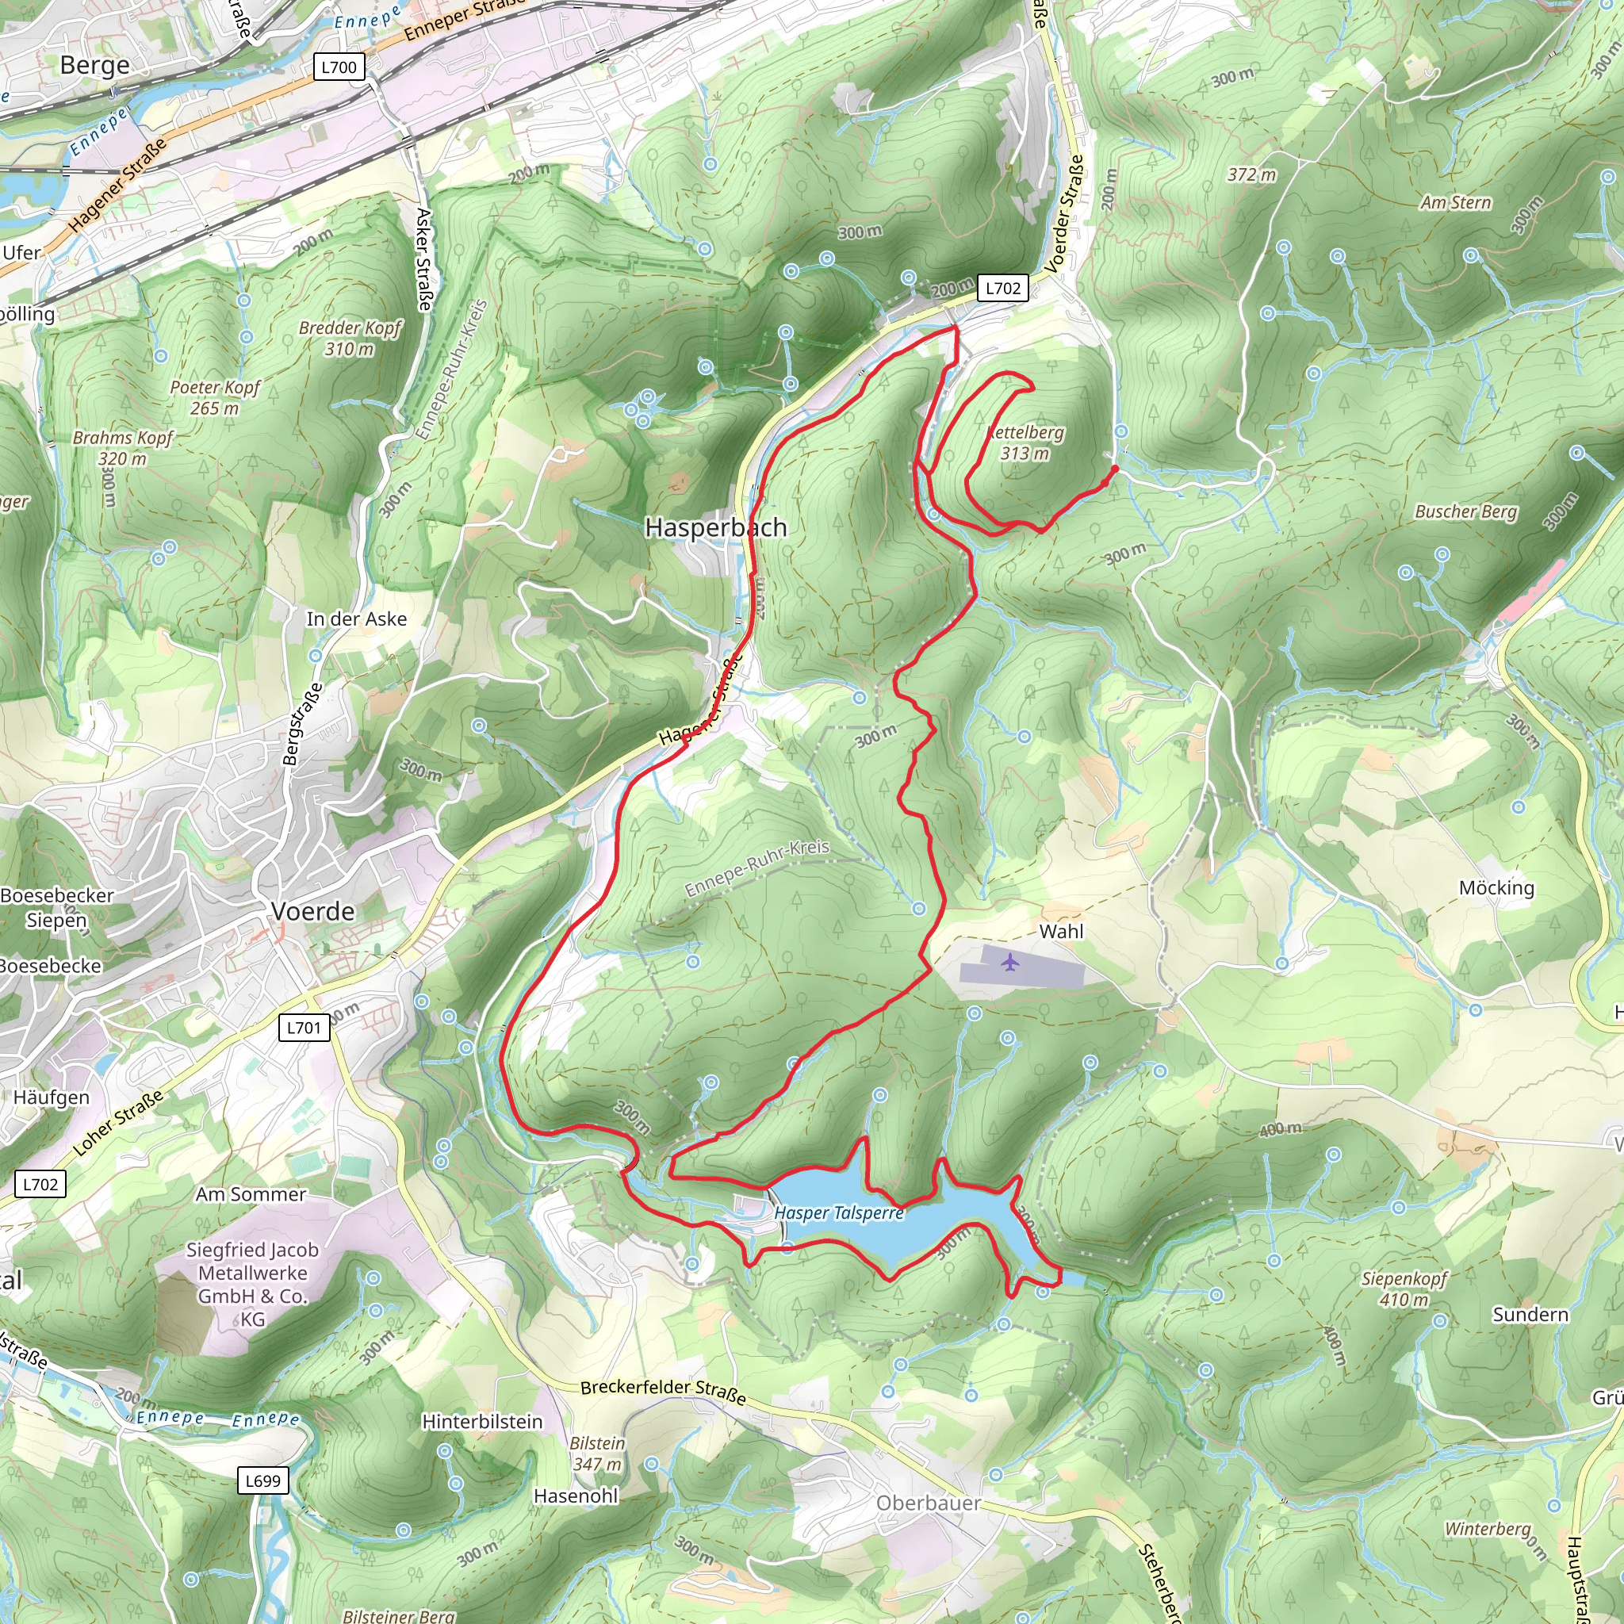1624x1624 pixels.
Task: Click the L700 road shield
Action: click(x=339, y=67)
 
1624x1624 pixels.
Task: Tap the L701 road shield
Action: click(x=304, y=1027)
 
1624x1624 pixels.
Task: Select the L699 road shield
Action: click(x=262, y=1480)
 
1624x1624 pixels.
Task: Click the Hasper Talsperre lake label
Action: click(x=838, y=1213)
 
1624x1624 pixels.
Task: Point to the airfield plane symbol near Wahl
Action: click(x=1010, y=962)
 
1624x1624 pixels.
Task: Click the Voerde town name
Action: click(x=312, y=911)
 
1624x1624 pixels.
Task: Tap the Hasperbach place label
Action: click(x=715, y=528)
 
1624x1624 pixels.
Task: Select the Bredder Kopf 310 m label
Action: click(x=350, y=338)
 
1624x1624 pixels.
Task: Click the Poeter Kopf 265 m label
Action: click(x=215, y=397)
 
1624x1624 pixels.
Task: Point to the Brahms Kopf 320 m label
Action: click(x=123, y=448)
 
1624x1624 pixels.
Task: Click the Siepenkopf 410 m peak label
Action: click(x=1404, y=1289)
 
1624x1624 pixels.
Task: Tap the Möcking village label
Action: click(x=1496, y=887)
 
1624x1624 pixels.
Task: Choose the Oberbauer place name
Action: click(x=928, y=1503)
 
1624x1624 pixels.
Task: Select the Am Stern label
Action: click(x=1456, y=202)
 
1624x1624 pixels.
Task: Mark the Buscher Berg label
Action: click(x=1466, y=511)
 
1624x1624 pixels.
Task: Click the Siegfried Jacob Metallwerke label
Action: click(x=253, y=1284)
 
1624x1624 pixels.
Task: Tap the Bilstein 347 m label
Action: click(x=597, y=1454)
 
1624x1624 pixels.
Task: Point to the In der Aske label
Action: click(x=356, y=619)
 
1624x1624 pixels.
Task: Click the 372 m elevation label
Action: click(x=1251, y=174)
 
